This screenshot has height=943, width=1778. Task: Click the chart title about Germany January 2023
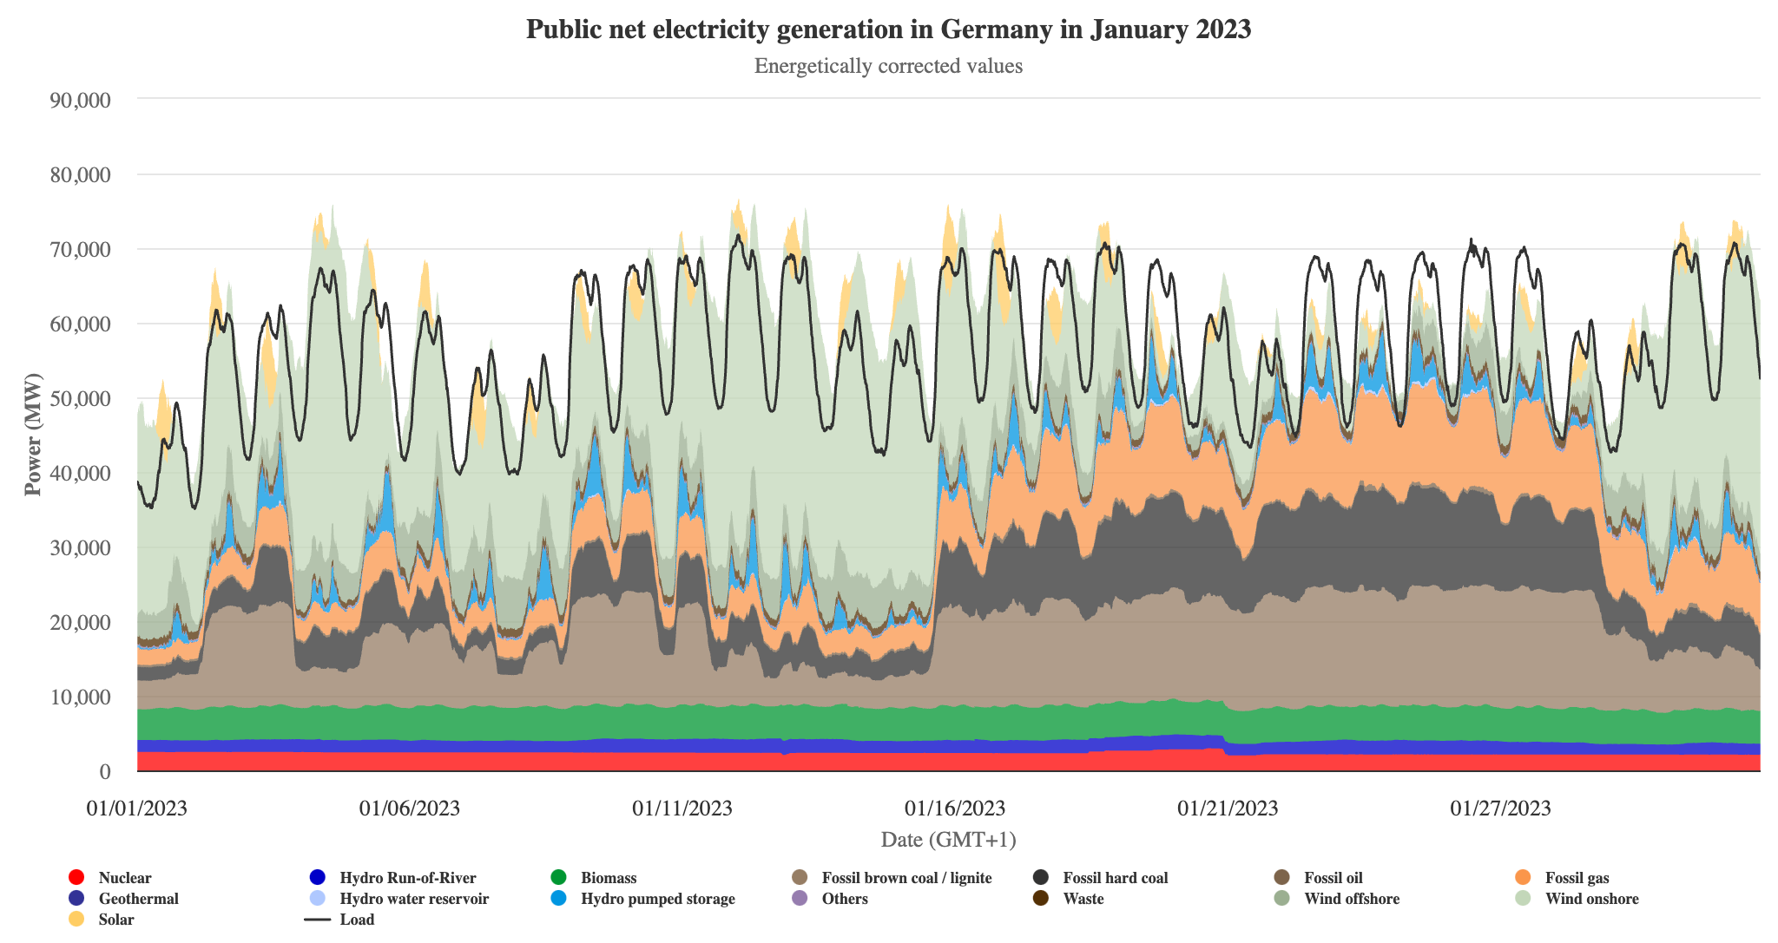[x=888, y=29]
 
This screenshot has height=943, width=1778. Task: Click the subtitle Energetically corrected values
[x=888, y=66]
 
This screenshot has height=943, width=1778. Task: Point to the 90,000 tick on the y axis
[x=81, y=100]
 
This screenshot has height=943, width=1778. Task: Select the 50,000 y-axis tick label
[x=81, y=399]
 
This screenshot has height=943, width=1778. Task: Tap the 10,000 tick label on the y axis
[x=81, y=697]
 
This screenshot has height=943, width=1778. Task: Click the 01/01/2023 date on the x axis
[x=136, y=809]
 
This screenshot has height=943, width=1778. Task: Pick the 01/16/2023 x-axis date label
[x=955, y=809]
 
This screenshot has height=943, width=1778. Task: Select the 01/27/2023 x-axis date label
[x=1500, y=809]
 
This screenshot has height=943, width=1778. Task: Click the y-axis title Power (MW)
[x=33, y=434]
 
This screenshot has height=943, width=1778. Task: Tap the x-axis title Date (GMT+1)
[x=948, y=840]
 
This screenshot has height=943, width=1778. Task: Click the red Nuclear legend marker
[x=76, y=878]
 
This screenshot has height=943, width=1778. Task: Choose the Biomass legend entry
[x=608, y=878]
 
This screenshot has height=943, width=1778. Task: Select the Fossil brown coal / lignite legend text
[x=906, y=878]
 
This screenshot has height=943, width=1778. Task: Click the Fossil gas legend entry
[x=1577, y=878]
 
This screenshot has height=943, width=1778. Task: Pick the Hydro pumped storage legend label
[x=657, y=899]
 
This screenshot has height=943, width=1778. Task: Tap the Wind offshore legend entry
[x=1351, y=899]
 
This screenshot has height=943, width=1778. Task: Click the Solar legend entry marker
[x=76, y=920]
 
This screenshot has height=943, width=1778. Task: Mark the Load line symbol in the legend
[x=319, y=920]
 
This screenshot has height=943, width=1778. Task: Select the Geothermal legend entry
[x=138, y=899]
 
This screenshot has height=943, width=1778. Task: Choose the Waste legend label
[x=1083, y=899]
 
